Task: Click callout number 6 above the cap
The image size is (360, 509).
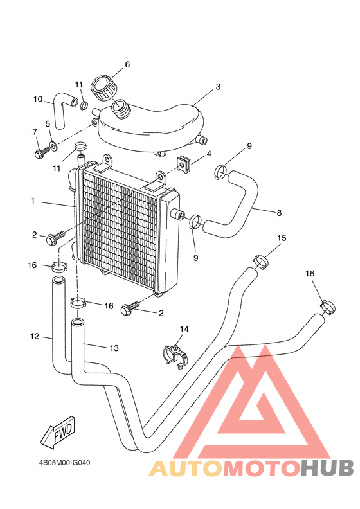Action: (x=127, y=64)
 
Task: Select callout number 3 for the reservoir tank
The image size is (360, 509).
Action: (x=218, y=86)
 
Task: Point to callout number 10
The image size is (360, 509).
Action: (x=38, y=99)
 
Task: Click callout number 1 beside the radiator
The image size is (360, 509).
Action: (x=32, y=201)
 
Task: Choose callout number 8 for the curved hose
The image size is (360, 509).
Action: (x=279, y=212)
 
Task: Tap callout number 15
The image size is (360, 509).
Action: (x=282, y=238)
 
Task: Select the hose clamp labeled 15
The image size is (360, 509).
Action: (x=261, y=262)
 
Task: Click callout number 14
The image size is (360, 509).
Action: (x=184, y=329)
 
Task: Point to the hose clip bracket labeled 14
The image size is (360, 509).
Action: (x=174, y=353)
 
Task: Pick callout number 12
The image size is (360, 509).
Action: (x=34, y=335)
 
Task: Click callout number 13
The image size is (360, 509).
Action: (x=114, y=348)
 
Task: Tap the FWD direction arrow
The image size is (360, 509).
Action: (x=57, y=434)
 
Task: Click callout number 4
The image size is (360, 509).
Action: (x=209, y=154)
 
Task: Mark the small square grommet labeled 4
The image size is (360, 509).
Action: (x=184, y=165)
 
